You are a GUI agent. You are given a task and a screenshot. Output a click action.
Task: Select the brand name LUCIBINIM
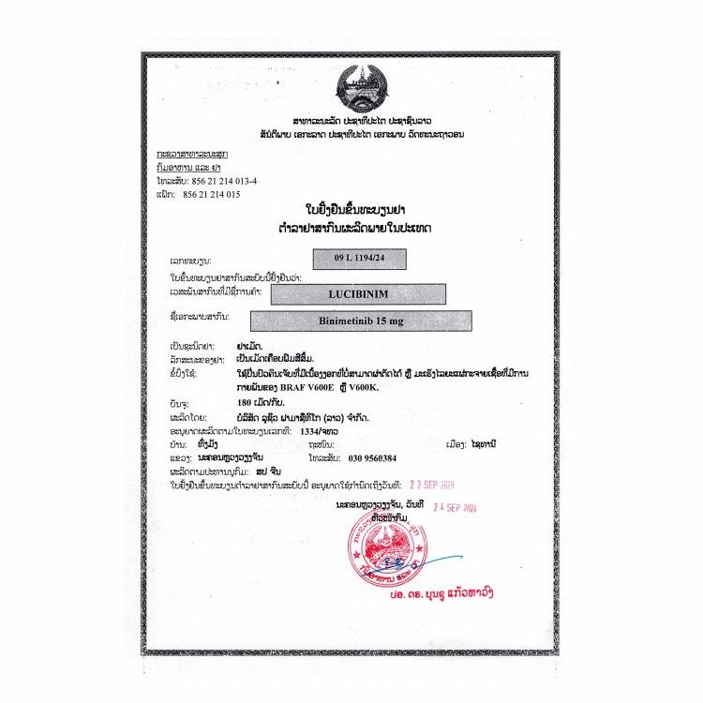click(371, 293)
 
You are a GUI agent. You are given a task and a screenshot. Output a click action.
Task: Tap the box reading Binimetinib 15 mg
click(371, 322)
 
